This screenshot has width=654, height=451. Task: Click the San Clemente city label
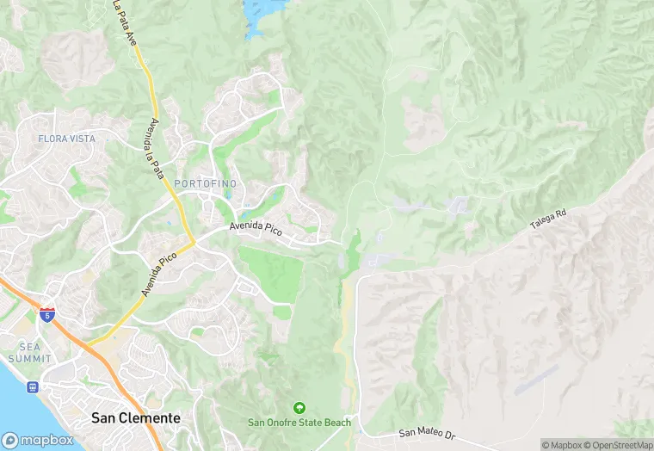click(136, 418)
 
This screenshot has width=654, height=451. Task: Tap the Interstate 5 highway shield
click(47, 315)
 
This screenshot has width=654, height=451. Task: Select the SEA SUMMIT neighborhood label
click(30, 351)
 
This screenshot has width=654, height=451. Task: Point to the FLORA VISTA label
click(67, 139)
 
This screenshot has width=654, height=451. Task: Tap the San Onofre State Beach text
click(299, 422)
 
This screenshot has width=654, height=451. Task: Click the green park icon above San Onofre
click(299, 407)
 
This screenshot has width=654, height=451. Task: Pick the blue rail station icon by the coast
click(33, 387)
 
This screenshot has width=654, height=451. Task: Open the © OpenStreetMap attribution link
click(617, 445)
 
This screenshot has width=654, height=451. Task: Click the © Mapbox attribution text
click(563, 445)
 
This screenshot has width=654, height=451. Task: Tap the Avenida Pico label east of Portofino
click(256, 229)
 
